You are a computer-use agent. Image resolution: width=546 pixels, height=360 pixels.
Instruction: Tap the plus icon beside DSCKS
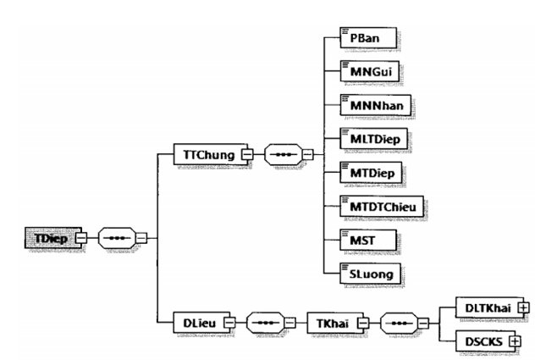coord(511,341)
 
